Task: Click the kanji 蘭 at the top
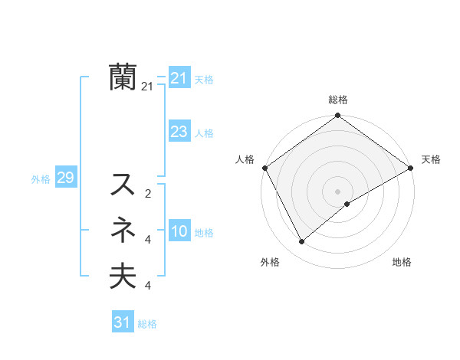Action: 123,77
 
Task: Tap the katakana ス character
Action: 123,185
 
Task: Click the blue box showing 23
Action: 179,132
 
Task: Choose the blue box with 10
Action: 179,232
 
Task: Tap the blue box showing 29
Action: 65,178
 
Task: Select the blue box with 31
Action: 122,322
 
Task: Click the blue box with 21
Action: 179,78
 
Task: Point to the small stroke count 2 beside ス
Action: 147,193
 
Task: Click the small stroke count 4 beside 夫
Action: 147,286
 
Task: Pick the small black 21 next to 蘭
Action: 147,87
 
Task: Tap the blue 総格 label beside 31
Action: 147,324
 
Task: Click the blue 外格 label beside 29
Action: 41,179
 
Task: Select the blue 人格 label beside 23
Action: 204,133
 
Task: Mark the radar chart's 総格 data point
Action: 337,116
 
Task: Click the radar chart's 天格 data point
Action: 410,168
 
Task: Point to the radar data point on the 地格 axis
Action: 347,204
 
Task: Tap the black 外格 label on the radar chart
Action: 270,262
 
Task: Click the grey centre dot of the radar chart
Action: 337,191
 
